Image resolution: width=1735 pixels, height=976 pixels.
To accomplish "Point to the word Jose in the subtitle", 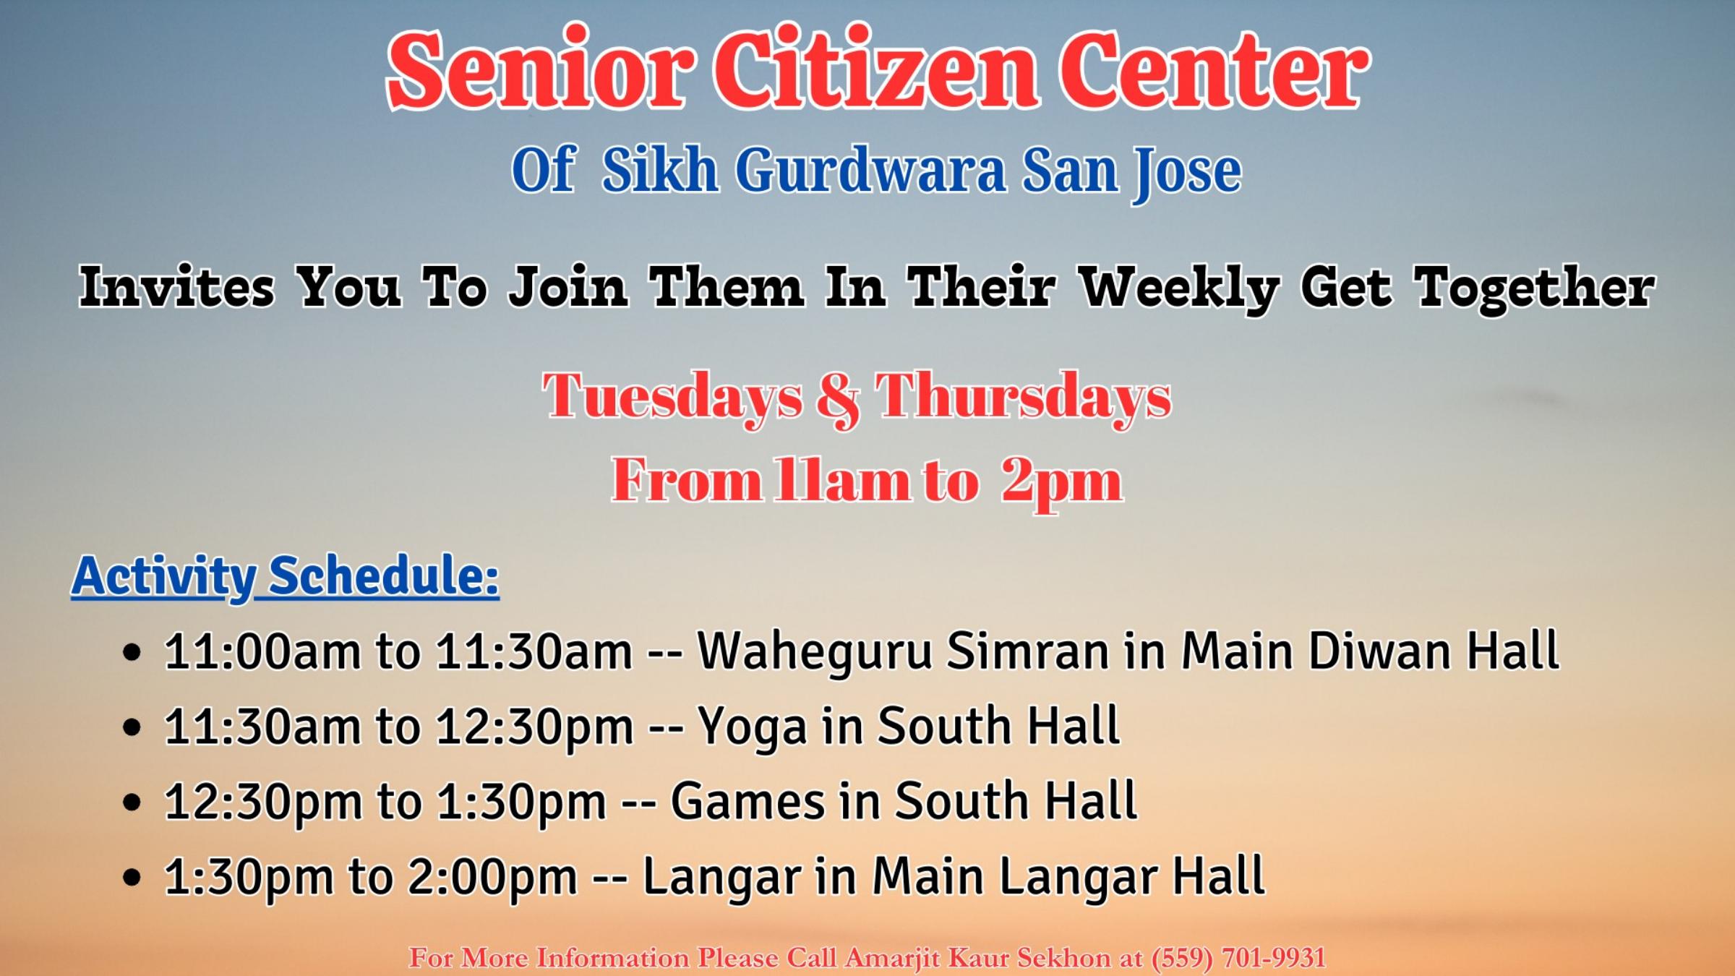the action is (1186, 174).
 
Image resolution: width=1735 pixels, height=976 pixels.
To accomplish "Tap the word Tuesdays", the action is (672, 398).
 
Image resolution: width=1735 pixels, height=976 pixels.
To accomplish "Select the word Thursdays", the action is (1023, 398).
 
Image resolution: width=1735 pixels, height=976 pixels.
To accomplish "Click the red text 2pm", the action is (1062, 483).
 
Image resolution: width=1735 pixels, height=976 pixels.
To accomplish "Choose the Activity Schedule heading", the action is (285, 576).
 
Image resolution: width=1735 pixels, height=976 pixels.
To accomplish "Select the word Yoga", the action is (752, 727).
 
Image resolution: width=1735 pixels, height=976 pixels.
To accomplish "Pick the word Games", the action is (748, 801).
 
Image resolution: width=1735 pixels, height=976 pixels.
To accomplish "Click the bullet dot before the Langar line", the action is (132, 878).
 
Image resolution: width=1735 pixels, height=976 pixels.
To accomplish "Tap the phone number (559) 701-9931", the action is (1238, 958).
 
